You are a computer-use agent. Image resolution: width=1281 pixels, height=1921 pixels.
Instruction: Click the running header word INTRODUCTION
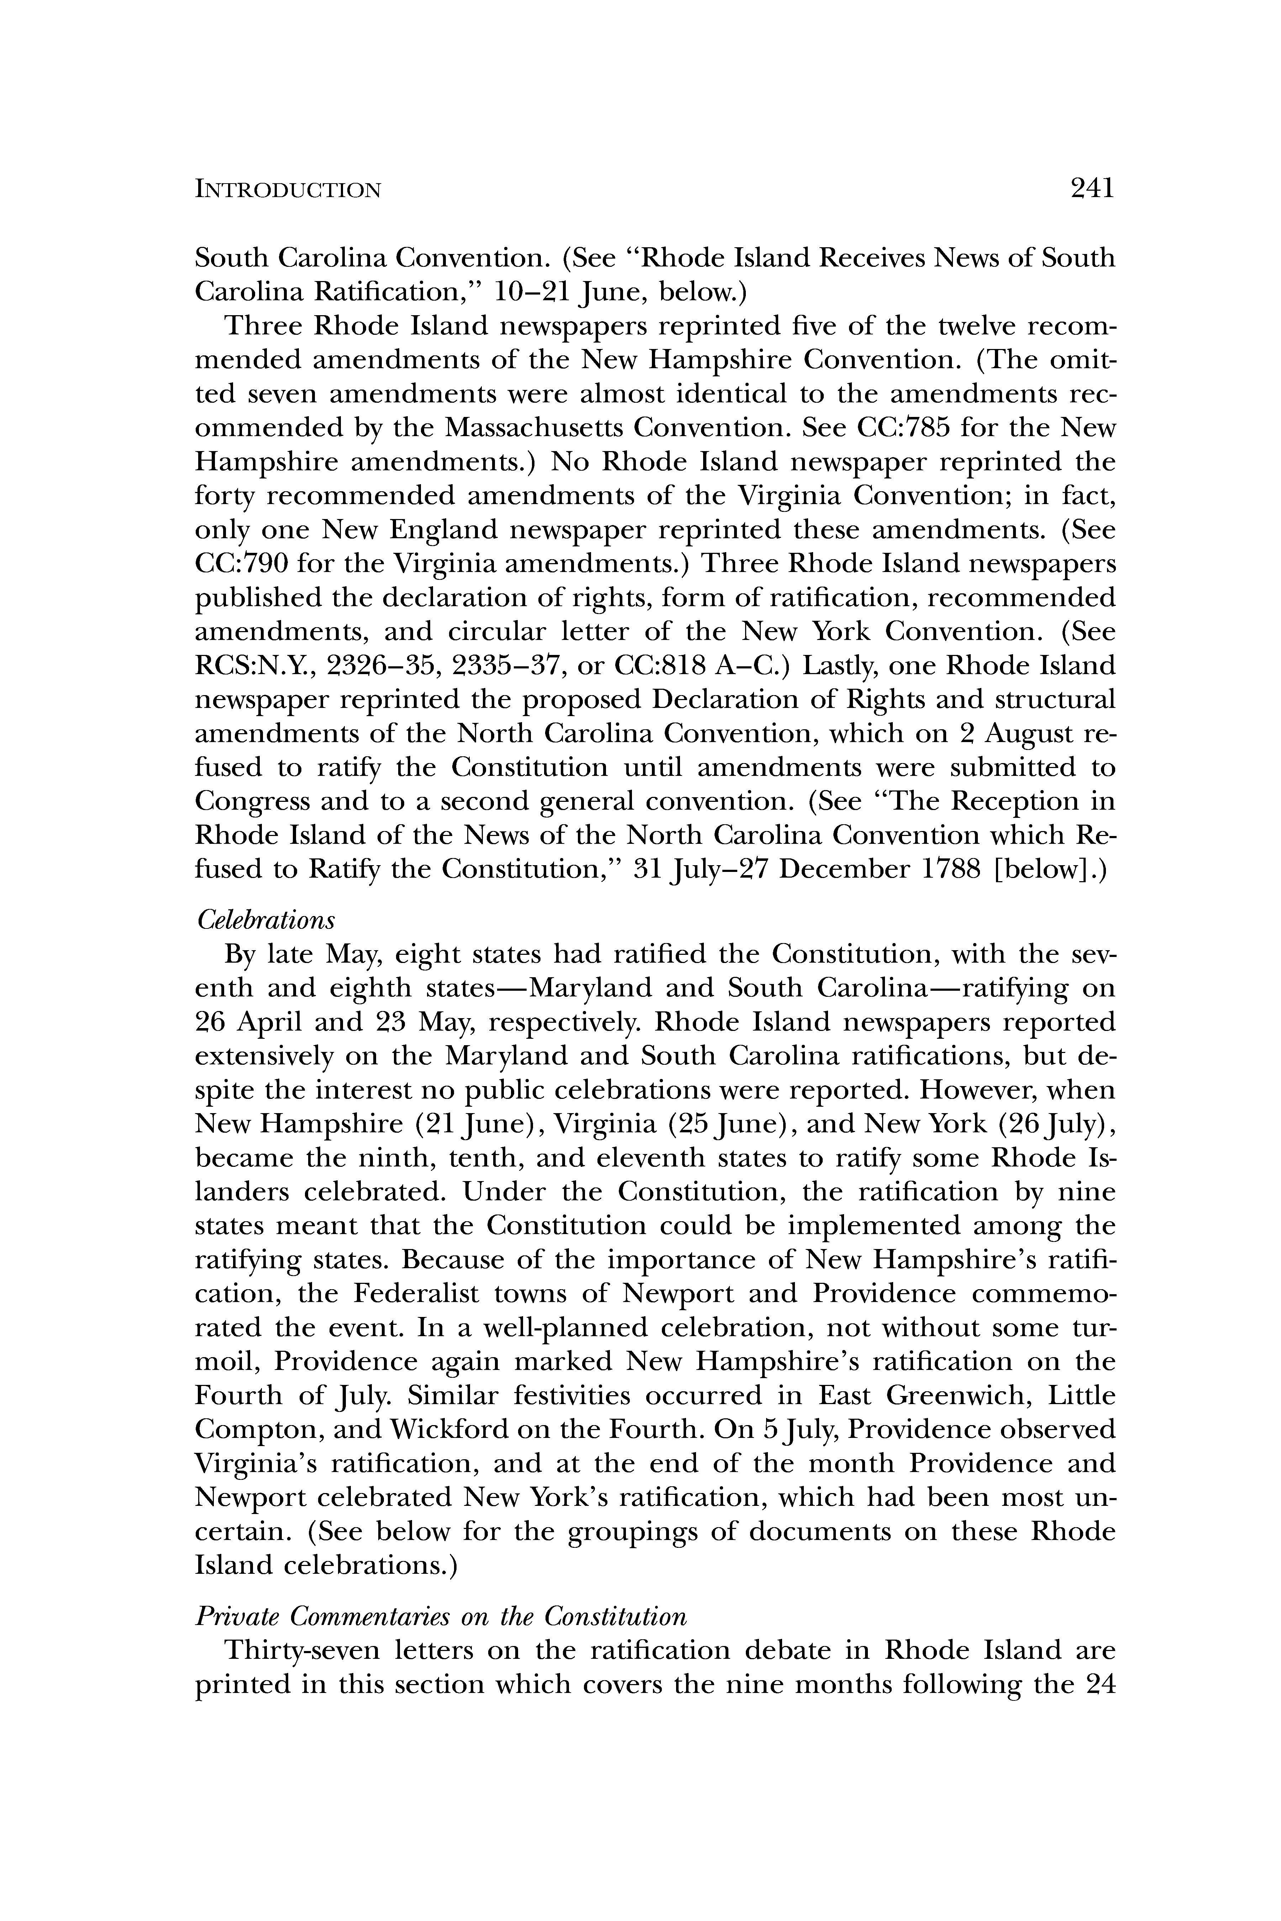[288, 190]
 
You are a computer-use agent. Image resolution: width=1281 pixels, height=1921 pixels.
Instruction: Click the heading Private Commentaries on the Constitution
[441, 1616]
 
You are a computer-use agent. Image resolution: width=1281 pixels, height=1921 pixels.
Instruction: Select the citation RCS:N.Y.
[254, 666]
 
